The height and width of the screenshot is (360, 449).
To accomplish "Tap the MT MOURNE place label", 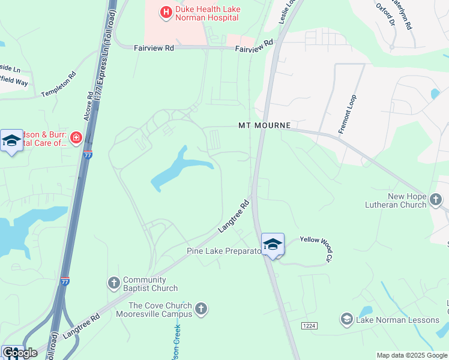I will click(264, 126).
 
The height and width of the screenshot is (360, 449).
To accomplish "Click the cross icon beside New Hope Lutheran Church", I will click(436, 198).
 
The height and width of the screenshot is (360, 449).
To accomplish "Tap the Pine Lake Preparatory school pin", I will click(273, 244).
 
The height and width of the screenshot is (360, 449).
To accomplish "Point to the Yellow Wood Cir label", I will click(316, 247).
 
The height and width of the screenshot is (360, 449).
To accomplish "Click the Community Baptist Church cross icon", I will click(114, 283).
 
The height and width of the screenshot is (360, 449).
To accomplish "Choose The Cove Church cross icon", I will click(201, 308).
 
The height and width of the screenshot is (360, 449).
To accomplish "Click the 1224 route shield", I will click(309, 325).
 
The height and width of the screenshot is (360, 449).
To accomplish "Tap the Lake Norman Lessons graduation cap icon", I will click(346, 319).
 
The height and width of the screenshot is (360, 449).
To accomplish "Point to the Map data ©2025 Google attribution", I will click(411, 355).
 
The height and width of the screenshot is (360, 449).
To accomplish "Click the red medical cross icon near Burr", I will click(76, 139).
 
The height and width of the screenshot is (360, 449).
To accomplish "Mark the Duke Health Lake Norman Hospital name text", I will click(206, 14).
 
